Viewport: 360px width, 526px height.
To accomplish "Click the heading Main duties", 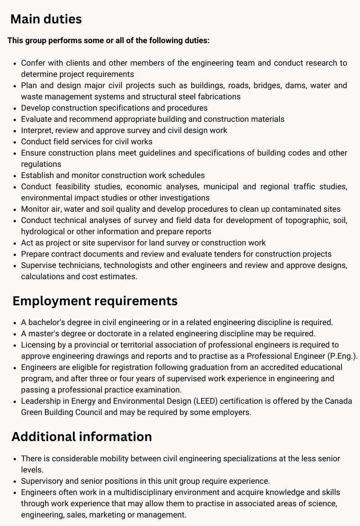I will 46,19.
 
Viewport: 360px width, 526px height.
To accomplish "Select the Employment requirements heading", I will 95,301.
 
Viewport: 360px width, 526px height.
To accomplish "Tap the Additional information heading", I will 82,437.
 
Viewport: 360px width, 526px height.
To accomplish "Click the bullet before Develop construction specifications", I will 15,108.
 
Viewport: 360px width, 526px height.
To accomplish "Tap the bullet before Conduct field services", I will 15,142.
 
